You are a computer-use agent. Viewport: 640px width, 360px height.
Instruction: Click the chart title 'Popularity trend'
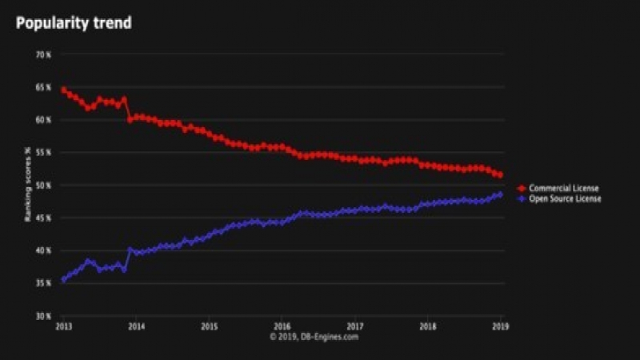coord(74,23)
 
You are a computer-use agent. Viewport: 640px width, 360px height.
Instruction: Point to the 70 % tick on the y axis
coord(42,54)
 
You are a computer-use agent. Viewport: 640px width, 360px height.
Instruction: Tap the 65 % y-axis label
coord(42,87)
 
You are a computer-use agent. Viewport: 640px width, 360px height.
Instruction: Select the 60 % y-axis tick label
coord(42,120)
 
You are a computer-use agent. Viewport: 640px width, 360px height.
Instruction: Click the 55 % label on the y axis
coord(42,152)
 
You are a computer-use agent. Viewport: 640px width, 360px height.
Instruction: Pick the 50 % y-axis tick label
coord(42,185)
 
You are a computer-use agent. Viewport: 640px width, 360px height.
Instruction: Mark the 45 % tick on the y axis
coord(42,218)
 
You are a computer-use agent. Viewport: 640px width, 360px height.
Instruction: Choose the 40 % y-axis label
coord(42,250)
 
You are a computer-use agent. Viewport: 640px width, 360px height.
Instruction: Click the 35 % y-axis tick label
coord(42,283)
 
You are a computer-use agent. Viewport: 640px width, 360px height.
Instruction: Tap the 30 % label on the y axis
coord(42,316)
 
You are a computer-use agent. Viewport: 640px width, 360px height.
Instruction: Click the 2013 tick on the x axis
coord(63,326)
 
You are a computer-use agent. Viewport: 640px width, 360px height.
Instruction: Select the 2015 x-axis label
coord(209,326)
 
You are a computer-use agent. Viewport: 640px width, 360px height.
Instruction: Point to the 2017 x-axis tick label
coord(355,326)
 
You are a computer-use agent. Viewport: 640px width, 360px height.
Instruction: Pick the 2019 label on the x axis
coord(501,326)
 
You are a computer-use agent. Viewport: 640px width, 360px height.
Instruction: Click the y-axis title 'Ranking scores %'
coord(28,185)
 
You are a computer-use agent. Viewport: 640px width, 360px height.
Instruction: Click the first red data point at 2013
coord(64,90)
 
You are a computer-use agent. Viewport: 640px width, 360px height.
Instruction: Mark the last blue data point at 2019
coord(500,194)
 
